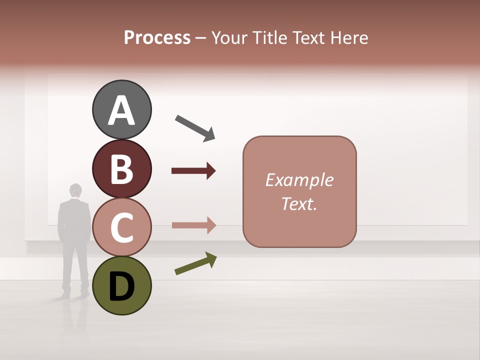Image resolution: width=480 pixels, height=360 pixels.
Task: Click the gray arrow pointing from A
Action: [x=195, y=127]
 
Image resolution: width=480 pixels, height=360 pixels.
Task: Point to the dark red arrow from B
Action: [x=193, y=171]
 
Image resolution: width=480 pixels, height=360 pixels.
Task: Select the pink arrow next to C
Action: [x=193, y=225]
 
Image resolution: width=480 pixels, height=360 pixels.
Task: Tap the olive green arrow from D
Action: [x=195, y=263]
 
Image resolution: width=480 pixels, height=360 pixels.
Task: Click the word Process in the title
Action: [x=157, y=37]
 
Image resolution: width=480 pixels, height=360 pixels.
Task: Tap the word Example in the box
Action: [x=299, y=180]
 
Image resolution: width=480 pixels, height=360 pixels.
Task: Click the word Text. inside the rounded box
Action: [x=299, y=203]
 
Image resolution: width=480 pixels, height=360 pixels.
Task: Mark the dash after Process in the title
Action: [x=201, y=38]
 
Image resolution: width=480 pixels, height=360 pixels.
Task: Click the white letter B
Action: [x=121, y=169]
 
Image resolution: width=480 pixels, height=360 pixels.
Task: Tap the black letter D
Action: [x=121, y=286]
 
